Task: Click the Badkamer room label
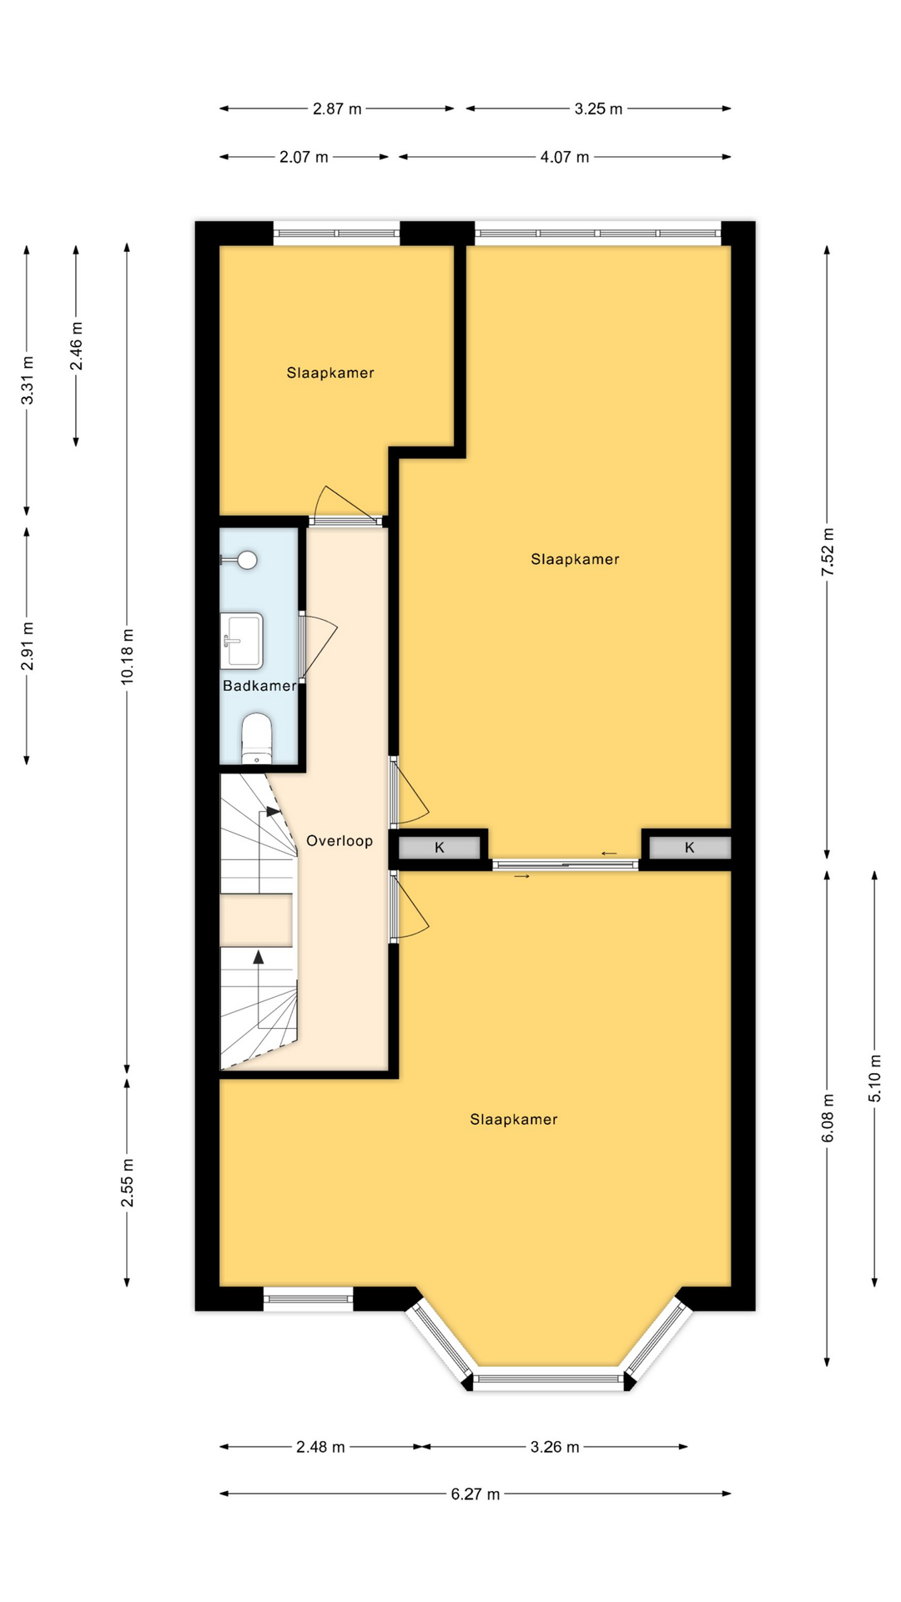[259, 686]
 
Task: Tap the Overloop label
[340, 841]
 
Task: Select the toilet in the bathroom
[256, 738]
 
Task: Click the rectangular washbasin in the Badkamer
[242, 641]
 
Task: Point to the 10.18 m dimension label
[127, 657]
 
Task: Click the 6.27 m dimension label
[476, 1494]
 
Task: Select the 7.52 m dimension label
[828, 552]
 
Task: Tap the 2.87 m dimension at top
[337, 108]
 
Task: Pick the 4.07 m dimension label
[565, 157]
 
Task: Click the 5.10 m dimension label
[875, 1079]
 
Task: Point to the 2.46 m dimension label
[76, 346]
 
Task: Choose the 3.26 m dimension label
[555, 1447]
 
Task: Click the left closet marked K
[440, 848]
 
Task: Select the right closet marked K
[690, 848]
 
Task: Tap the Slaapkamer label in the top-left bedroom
[330, 373]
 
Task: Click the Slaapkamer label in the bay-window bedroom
[514, 1120]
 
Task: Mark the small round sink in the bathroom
[246, 560]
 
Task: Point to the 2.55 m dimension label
[127, 1182]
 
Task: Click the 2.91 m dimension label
[27, 646]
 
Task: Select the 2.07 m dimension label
[304, 157]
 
